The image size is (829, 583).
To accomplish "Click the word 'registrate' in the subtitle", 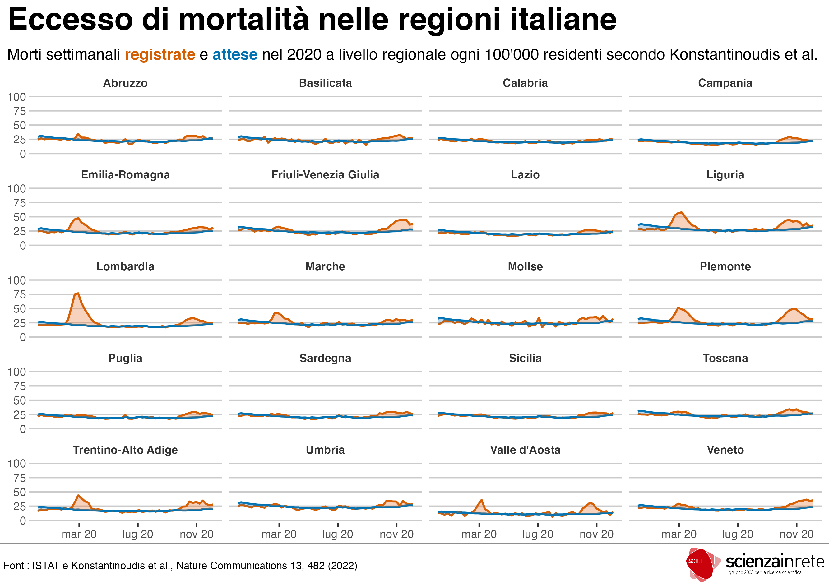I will (160, 55).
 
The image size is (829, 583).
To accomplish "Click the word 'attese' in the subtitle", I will (235, 55).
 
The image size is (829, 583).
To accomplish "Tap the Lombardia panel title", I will (125, 266).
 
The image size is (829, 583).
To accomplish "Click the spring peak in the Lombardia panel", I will (78, 294).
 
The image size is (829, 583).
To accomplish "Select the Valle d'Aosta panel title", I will (525, 450).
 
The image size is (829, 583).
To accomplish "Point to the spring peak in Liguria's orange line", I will (681, 213).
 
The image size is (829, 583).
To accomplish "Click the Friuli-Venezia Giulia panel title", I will (325, 175).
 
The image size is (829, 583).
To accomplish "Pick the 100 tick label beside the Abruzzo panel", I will (16, 97).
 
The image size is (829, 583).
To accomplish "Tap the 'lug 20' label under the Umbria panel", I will (338, 534).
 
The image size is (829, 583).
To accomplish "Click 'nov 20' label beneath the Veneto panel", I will (796, 534).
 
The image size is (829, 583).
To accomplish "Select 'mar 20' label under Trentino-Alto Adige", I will (79, 534).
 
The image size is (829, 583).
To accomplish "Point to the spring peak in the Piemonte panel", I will (679, 308).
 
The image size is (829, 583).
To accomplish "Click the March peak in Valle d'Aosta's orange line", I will (481, 500).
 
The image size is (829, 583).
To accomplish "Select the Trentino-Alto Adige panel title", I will (125, 450).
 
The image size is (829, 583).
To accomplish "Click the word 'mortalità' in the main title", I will (244, 20).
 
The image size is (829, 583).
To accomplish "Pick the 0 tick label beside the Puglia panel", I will (22, 429).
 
